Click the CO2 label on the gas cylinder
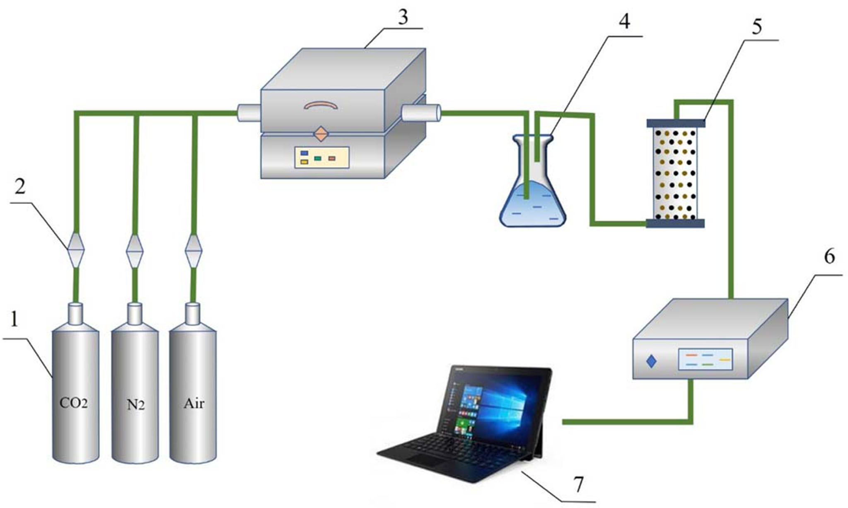(x=73, y=403)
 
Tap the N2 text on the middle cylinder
(x=135, y=404)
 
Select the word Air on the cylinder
(x=194, y=403)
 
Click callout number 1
(x=14, y=320)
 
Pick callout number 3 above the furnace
(x=403, y=17)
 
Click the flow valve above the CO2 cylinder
(x=75, y=250)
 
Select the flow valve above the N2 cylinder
(x=135, y=251)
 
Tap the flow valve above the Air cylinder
(x=193, y=251)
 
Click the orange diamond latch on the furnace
(x=321, y=134)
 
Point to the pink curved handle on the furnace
(x=321, y=105)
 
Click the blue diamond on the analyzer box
(x=652, y=361)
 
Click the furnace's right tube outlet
(x=420, y=113)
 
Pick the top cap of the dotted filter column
(x=676, y=123)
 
